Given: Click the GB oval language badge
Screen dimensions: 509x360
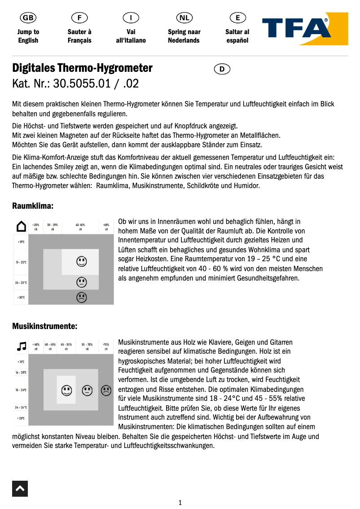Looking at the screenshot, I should [x=28, y=18].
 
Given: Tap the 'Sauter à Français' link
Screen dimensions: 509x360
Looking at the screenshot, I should [x=79, y=36].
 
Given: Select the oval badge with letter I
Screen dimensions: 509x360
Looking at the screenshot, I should [x=131, y=18].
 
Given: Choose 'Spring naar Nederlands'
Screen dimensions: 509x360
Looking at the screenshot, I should [x=184, y=36].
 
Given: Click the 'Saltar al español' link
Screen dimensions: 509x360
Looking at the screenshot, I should [x=237, y=36].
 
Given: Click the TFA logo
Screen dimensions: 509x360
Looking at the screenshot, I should [x=305, y=29].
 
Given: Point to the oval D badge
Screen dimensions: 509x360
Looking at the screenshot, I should [x=222, y=69].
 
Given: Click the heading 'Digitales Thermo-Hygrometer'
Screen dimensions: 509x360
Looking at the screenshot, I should [x=83, y=68].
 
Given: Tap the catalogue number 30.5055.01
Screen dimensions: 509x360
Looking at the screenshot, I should [x=79, y=83].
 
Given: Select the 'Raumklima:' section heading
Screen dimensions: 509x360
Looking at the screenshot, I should [x=33, y=206].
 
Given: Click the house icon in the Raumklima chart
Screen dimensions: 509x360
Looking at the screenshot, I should [x=21, y=226].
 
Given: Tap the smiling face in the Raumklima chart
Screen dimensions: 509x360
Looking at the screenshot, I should [x=81, y=261].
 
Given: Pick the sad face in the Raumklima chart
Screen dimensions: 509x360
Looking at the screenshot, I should [x=81, y=297].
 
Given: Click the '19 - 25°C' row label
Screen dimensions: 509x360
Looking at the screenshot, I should [x=21, y=262].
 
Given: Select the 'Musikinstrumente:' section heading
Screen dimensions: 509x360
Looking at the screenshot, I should [x=44, y=326].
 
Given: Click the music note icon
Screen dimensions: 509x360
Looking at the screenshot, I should [x=21, y=346].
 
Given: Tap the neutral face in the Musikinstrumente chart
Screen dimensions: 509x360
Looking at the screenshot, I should [x=87, y=391].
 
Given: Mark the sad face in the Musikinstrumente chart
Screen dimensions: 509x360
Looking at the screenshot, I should [x=105, y=391].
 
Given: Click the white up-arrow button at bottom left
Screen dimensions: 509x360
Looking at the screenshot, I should [x=20, y=488].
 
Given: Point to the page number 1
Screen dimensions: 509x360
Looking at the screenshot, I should [x=180, y=503].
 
